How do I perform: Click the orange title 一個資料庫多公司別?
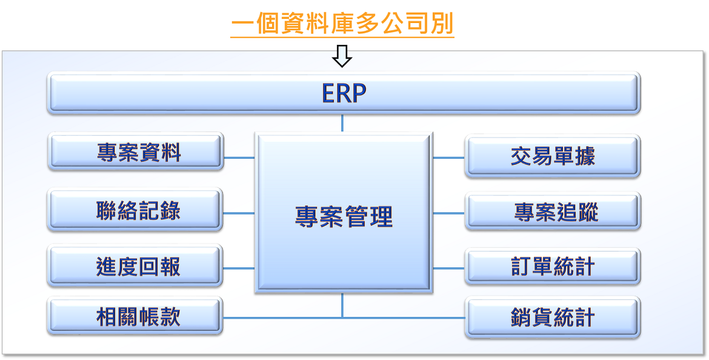[342, 24]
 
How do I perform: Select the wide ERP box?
[344, 93]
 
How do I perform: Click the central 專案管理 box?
[344, 213]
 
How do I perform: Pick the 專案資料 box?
[136, 152]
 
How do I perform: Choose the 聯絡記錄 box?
[135, 210]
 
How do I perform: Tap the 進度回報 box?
[135, 265]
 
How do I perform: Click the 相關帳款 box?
[135, 316]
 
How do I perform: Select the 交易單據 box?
[553, 156]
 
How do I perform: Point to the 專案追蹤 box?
[553, 211]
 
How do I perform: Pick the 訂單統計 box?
[553, 267]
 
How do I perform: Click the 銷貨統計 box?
[553, 317]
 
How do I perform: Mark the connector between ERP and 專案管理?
[342, 123]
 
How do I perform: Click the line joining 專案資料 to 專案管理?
[239, 158]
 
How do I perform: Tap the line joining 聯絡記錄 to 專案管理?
[239, 213]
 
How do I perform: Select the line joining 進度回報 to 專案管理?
[239, 268]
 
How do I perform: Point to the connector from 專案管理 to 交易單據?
[449, 158]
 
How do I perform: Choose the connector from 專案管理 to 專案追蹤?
[449, 213]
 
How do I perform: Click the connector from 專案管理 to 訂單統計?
[449, 268]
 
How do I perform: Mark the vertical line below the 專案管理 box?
[342, 305]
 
